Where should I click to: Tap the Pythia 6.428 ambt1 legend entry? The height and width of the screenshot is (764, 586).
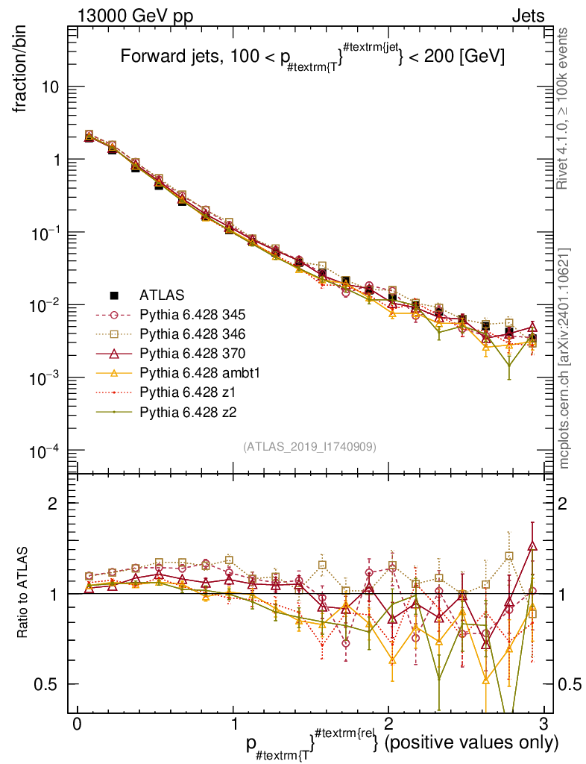pyautogui.click(x=195, y=372)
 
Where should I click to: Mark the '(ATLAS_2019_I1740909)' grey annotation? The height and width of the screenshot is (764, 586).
pyautogui.click(x=309, y=446)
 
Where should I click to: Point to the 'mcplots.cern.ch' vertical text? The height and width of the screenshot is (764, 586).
pyautogui.click(x=564, y=358)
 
